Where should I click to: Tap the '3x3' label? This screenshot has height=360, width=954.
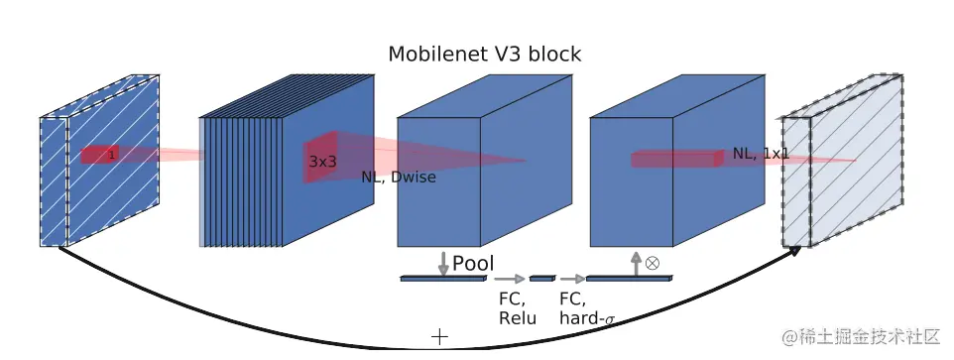[322, 160]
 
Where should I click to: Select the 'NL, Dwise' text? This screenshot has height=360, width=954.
[398, 178]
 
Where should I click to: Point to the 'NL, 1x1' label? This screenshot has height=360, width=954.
[761, 154]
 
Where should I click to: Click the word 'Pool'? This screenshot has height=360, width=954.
[473, 264]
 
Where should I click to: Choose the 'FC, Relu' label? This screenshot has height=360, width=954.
[517, 308]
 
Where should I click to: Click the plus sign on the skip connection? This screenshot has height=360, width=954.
[439, 337]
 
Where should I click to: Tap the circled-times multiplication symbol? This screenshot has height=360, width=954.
[652, 264]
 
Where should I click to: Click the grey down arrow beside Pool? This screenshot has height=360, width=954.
[442, 263]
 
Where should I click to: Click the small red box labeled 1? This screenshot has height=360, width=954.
[100, 154]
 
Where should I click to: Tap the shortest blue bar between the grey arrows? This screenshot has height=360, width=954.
[541, 279]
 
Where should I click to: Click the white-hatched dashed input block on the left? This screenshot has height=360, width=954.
[99, 164]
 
